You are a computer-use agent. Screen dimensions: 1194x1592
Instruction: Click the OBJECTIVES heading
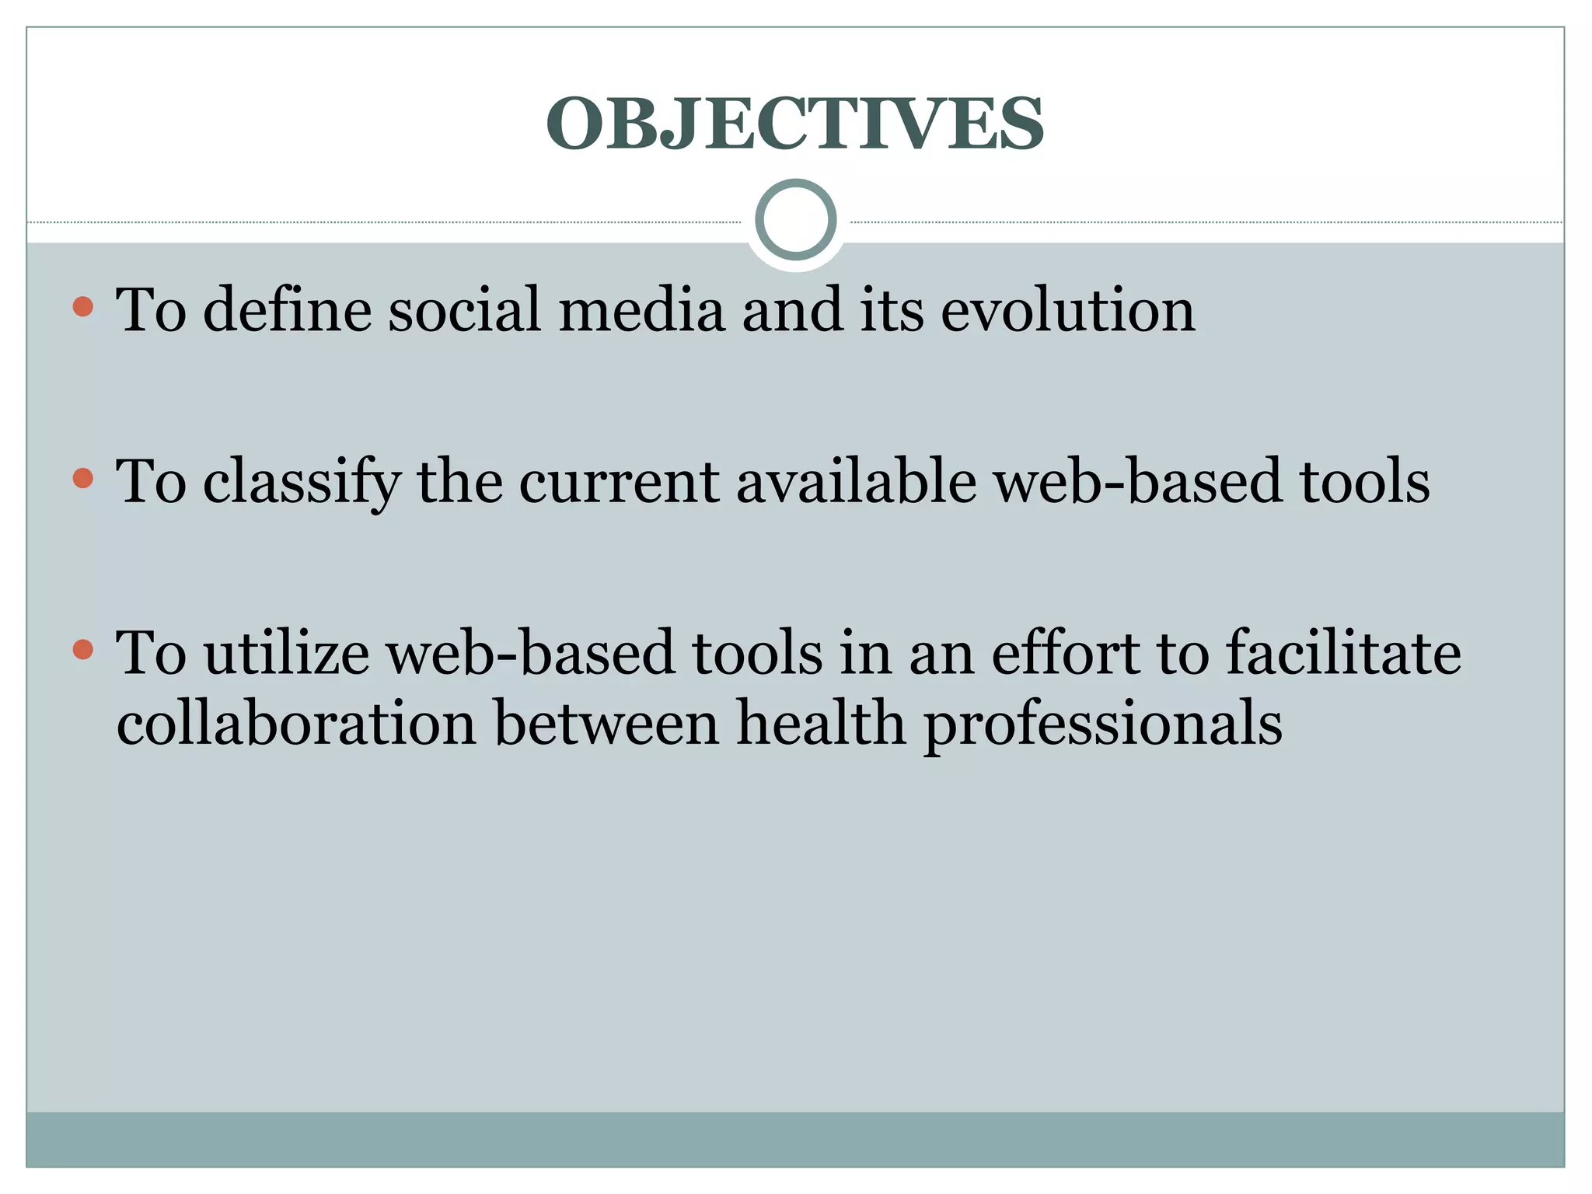(x=795, y=124)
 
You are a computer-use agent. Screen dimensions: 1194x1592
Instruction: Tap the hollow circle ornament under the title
(x=795, y=220)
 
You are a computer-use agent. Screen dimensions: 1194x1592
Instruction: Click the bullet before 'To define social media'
(x=82, y=306)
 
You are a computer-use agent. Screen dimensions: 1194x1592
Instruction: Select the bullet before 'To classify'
(x=82, y=477)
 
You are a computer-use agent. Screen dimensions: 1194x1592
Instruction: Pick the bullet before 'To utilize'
(x=82, y=648)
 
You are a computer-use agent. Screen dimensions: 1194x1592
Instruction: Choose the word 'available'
(x=856, y=482)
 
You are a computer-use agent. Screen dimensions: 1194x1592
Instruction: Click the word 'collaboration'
(x=296, y=723)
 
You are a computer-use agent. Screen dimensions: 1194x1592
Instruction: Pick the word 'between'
(x=607, y=723)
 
